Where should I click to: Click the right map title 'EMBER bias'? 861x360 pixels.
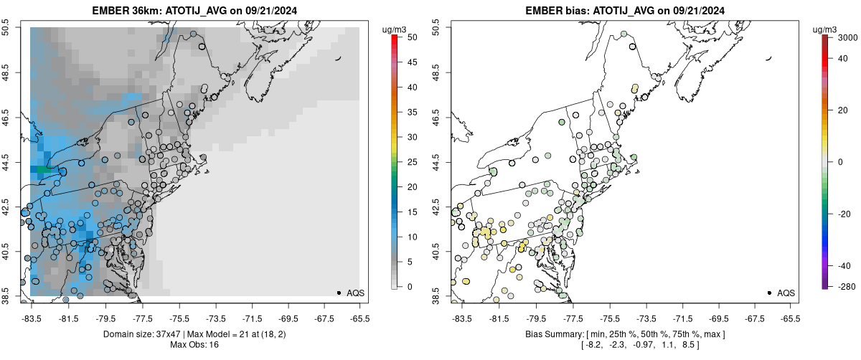555,10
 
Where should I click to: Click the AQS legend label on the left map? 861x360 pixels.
354,293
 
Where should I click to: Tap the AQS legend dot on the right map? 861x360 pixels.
769,293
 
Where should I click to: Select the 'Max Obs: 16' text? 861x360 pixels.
194,345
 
